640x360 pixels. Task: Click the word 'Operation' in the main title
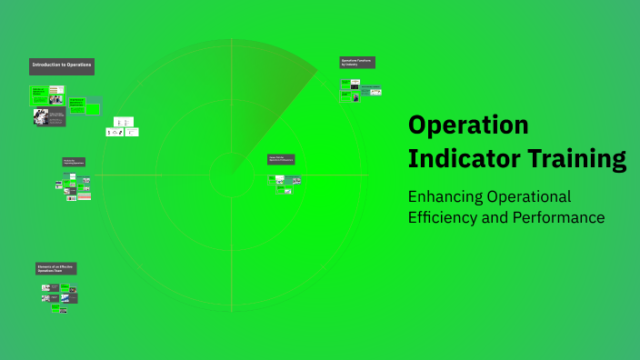coord(468,125)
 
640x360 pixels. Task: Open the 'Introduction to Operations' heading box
coord(62,66)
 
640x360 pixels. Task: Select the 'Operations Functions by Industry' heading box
coord(357,63)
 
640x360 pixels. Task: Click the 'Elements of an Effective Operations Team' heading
coord(56,269)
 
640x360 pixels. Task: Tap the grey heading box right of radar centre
coord(281,159)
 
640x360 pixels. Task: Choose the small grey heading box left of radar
coord(75,162)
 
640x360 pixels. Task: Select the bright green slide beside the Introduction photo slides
coord(76,105)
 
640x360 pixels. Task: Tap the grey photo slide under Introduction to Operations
coord(50,117)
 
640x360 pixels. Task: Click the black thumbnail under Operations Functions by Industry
coord(355,85)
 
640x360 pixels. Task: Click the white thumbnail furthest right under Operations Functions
coord(375,92)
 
